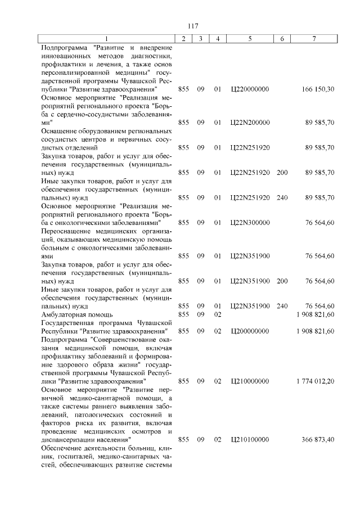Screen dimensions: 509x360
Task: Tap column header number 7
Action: tap(313, 38)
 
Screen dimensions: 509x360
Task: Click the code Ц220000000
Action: tap(250, 89)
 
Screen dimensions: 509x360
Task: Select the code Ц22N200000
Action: tap(250, 123)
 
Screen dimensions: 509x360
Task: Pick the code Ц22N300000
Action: tap(250, 222)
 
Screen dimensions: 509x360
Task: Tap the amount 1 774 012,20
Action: tap(316, 381)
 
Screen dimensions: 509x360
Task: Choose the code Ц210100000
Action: tap(250, 439)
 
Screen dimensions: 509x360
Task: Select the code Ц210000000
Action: tap(250, 381)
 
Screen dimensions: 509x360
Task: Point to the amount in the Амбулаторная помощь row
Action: tap(316, 314)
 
